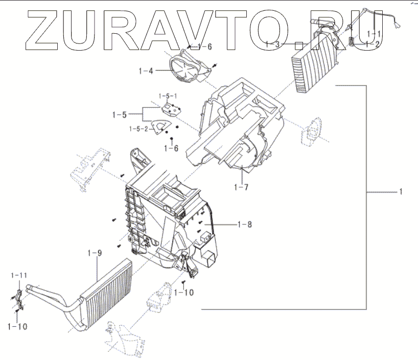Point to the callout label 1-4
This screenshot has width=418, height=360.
point(145,71)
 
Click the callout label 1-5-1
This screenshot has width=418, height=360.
point(168,96)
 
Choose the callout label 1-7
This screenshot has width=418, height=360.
point(240,187)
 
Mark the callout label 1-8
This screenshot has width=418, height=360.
point(244,224)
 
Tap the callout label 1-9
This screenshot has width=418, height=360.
point(95,253)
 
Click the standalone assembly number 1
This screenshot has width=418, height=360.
point(401,192)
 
